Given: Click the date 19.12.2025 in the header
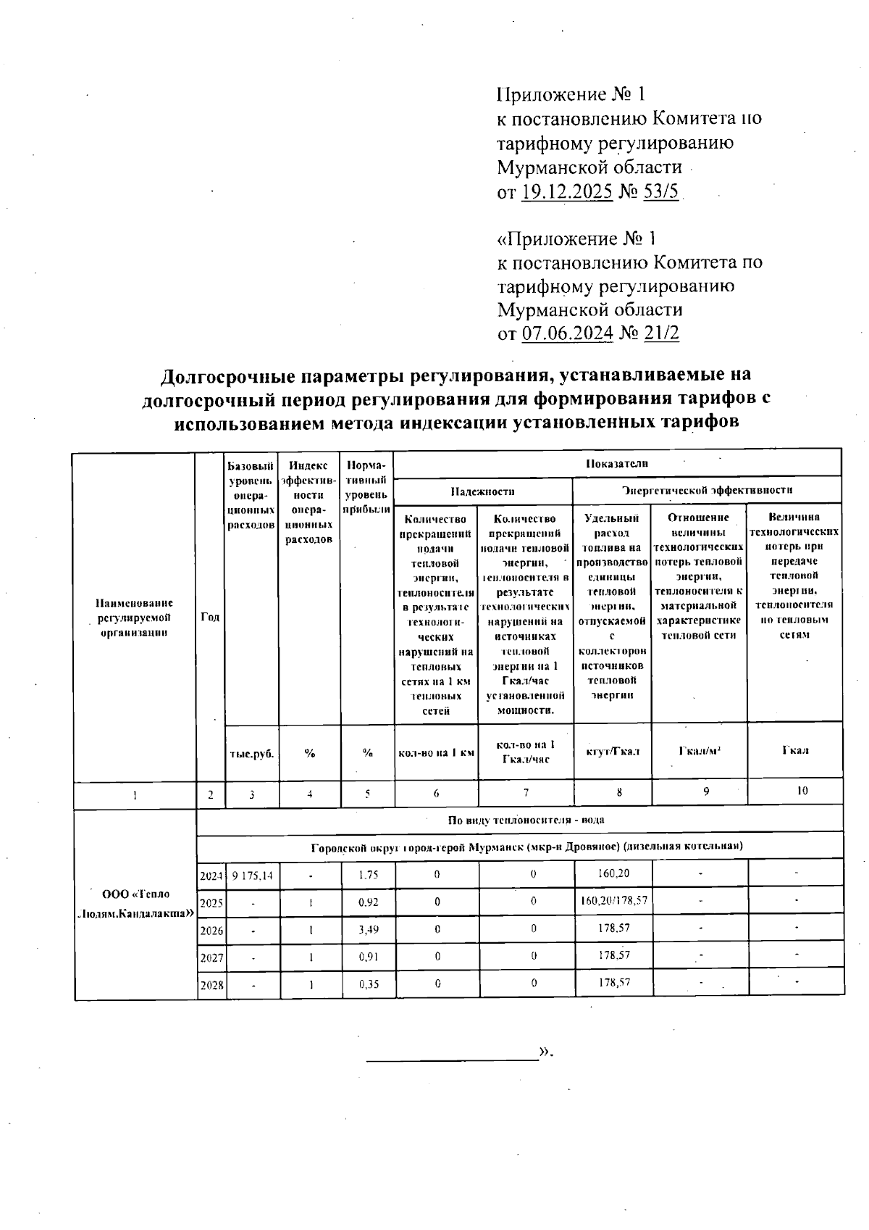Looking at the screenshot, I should pos(567,192).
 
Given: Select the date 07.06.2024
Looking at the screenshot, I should pos(567,333).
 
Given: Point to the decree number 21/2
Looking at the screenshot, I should pos(658,333).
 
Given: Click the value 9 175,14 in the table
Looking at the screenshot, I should pos(252,876).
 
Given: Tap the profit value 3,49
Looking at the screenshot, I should pos(368,930).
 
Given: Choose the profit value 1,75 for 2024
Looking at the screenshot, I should pos(368,876).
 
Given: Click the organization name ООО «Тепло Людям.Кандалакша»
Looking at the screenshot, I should pos(135,903).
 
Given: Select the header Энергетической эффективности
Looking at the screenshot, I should pos(707,491).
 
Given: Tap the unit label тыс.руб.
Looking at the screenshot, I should pos(252,754).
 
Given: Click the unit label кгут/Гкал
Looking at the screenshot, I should pos(613,752).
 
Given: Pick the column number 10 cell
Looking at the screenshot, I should pos(802,791).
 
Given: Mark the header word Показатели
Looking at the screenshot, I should pos(616,463).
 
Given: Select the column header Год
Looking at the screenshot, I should pos(211,618).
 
